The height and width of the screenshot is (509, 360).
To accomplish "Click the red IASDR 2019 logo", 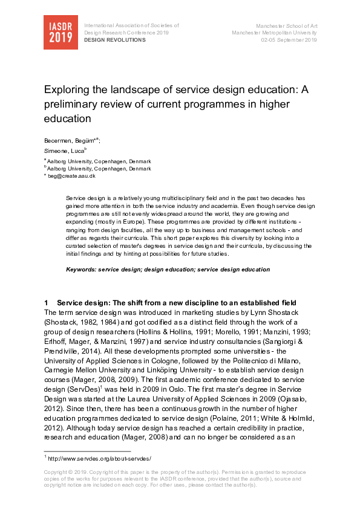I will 61,32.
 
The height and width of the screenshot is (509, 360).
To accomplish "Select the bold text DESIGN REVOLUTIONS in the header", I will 114,40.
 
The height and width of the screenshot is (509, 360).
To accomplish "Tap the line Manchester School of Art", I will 287,26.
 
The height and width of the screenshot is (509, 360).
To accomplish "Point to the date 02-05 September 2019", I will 289,40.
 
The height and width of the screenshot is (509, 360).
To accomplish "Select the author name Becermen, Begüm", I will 66,140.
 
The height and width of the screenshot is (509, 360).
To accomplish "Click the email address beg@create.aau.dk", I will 71,176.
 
